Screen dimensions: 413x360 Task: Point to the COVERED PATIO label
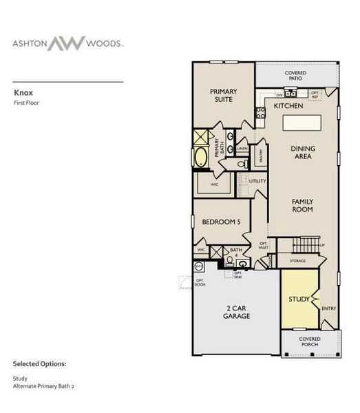(x=295, y=76)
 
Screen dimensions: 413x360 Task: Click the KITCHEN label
(x=288, y=107)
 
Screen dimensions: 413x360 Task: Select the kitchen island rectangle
(x=301, y=124)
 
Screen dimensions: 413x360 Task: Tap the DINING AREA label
(x=301, y=152)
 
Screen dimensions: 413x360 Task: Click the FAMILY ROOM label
(x=302, y=204)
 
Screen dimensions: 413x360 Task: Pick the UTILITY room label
(x=257, y=181)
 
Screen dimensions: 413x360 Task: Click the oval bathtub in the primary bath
(x=200, y=157)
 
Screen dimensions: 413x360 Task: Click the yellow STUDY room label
(x=299, y=299)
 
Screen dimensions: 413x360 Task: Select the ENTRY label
(x=329, y=308)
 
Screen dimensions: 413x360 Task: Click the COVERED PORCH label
(x=310, y=342)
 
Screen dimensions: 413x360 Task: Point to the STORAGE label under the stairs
(x=298, y=262)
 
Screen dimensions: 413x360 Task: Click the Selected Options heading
(x=39, y=363)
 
